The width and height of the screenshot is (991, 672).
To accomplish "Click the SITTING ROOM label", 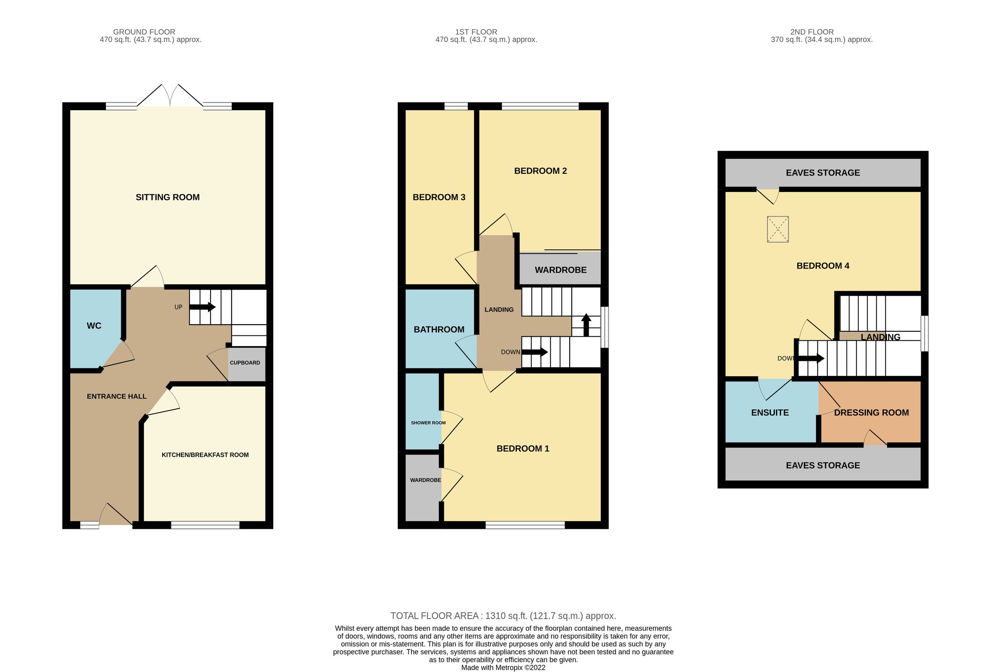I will click(168, 197).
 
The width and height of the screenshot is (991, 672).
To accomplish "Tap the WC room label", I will click(94, 326).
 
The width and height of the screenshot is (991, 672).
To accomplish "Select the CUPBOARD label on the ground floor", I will click(245, 363).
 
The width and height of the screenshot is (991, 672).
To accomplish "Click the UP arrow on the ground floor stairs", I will click(202, 307).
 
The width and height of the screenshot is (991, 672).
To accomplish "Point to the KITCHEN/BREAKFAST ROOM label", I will click(205, 455).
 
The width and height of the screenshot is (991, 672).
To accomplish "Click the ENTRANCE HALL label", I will click(116, 396).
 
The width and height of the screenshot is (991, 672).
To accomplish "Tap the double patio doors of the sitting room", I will click(170, 96).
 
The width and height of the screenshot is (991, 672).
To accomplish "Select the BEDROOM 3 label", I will click(439, 197).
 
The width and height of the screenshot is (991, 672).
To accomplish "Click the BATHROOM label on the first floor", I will click(439, 329).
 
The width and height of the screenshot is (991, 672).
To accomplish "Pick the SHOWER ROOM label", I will click(428, 423).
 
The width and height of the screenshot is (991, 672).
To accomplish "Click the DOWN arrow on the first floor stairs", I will click(534, 352).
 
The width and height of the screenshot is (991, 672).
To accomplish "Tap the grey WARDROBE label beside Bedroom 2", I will click(560, 270).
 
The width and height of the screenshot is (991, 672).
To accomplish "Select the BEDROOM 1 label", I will click(523, 448).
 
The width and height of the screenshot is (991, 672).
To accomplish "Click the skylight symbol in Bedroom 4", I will click(778, 229).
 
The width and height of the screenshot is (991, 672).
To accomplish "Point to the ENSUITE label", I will click(770, 413).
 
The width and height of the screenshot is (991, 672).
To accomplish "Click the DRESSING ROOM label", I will click(871, 413).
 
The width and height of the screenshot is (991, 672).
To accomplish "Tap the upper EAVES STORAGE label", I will click(823, 172).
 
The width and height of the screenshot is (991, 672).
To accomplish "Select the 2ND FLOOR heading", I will click(812, 32).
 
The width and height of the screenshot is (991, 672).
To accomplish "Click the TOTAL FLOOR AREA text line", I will click(503, 616).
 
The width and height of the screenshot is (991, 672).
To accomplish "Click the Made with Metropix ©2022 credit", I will click(503, 668).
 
